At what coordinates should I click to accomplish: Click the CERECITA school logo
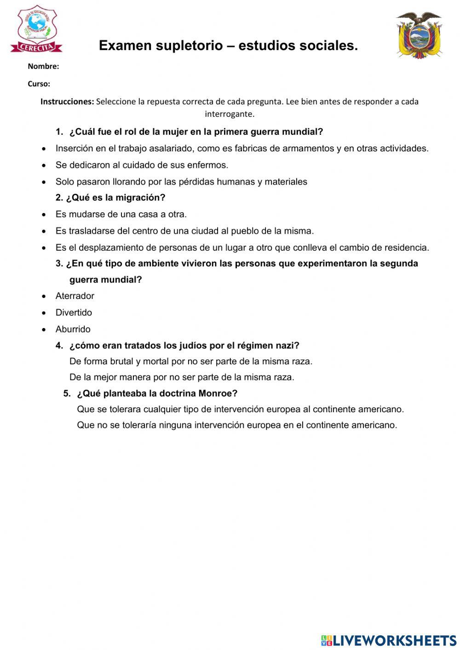point(36,29)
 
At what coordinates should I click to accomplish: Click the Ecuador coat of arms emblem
point(419,35)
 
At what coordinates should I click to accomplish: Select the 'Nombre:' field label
point(43,66)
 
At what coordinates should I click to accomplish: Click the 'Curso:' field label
point(39,84)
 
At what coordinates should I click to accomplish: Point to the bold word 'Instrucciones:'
point(67,102)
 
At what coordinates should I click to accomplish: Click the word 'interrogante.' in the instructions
point(230,114)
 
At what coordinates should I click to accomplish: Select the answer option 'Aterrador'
point(75,296)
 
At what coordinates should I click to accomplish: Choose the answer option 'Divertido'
point(74,312)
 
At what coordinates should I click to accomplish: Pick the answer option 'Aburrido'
point(73,329)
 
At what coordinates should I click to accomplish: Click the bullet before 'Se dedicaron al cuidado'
point(44,165)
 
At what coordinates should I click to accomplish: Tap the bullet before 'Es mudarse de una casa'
point(44,214)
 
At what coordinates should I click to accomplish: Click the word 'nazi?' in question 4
point(287,345)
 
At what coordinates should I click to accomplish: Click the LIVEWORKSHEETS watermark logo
point(389,640)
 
